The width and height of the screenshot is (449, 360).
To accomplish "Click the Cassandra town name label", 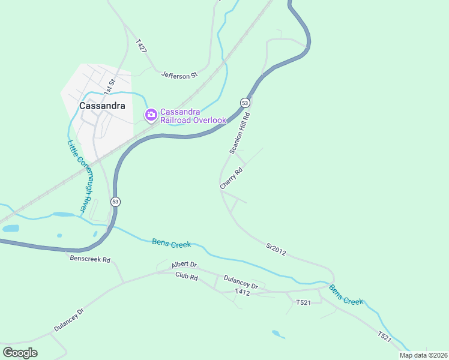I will [x=103, y=106].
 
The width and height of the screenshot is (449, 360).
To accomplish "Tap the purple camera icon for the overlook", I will [x=151, y=114].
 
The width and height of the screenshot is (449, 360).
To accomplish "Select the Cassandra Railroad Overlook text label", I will [x=193, y=115].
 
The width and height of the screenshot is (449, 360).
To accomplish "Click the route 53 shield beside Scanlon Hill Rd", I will [x=245, y=103].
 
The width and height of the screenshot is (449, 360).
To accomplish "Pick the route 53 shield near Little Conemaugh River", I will [x=116, y=202].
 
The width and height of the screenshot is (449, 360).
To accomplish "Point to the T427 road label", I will [x=141, y=46].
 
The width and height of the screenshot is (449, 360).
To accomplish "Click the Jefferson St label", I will [x=179, y=76].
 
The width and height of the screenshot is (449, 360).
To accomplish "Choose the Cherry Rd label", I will [x=231, y=179].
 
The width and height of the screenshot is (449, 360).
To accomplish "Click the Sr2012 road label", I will [x=276, y=247].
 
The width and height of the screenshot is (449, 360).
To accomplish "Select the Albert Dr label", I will [x=184, y=264].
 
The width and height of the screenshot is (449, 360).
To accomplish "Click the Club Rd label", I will [x=186, y=276].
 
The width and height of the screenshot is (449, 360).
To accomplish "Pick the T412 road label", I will [x=242, y=292].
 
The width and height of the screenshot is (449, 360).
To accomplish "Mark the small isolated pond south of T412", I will [x=277, y=334].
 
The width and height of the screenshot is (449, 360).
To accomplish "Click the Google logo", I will [x=20, y=353].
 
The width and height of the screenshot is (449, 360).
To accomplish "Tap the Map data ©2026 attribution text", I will [x=423, y=355].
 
